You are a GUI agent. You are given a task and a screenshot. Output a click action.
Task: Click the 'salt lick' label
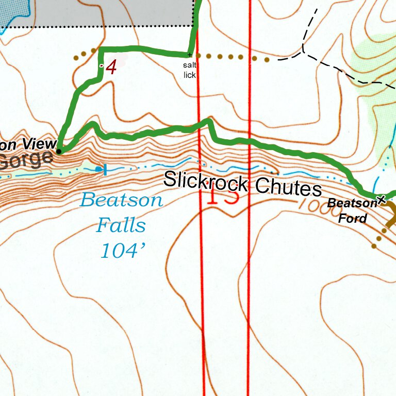point(189,70)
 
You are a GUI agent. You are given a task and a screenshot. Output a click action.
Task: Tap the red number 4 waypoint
point(111,67)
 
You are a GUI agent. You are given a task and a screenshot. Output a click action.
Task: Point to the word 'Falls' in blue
point(121,225)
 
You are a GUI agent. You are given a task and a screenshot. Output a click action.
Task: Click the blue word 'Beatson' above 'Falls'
point(122,200)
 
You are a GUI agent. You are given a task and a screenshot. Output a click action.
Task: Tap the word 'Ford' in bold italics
point(353,218)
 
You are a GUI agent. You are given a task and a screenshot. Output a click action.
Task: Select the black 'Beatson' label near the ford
point(352,203)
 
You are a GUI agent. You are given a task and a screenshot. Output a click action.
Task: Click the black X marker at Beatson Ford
point(381,200)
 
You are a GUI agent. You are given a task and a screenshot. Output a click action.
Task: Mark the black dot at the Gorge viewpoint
point(59,151)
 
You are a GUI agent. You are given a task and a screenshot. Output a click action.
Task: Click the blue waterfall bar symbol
point(105,170)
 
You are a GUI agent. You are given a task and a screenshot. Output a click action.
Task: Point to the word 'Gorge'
point(26,160)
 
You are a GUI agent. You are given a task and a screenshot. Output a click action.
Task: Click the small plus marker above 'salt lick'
point(189,55)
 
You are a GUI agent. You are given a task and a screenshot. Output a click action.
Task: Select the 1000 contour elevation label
point(310,204)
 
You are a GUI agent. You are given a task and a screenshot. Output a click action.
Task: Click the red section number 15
point(223,195)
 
